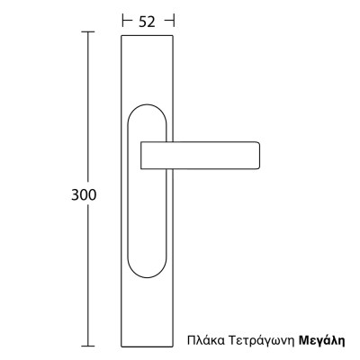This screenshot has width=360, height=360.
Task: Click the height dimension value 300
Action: click(84, 194)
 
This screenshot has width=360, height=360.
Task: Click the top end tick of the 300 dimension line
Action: click(87, 31)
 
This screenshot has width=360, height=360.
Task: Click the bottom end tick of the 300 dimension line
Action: click(87, 345)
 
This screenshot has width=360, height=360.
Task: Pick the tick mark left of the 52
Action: click(121, 18)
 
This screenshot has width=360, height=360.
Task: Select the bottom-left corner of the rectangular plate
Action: click(121, 344)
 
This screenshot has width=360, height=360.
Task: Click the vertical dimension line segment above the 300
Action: click(87, 108)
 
